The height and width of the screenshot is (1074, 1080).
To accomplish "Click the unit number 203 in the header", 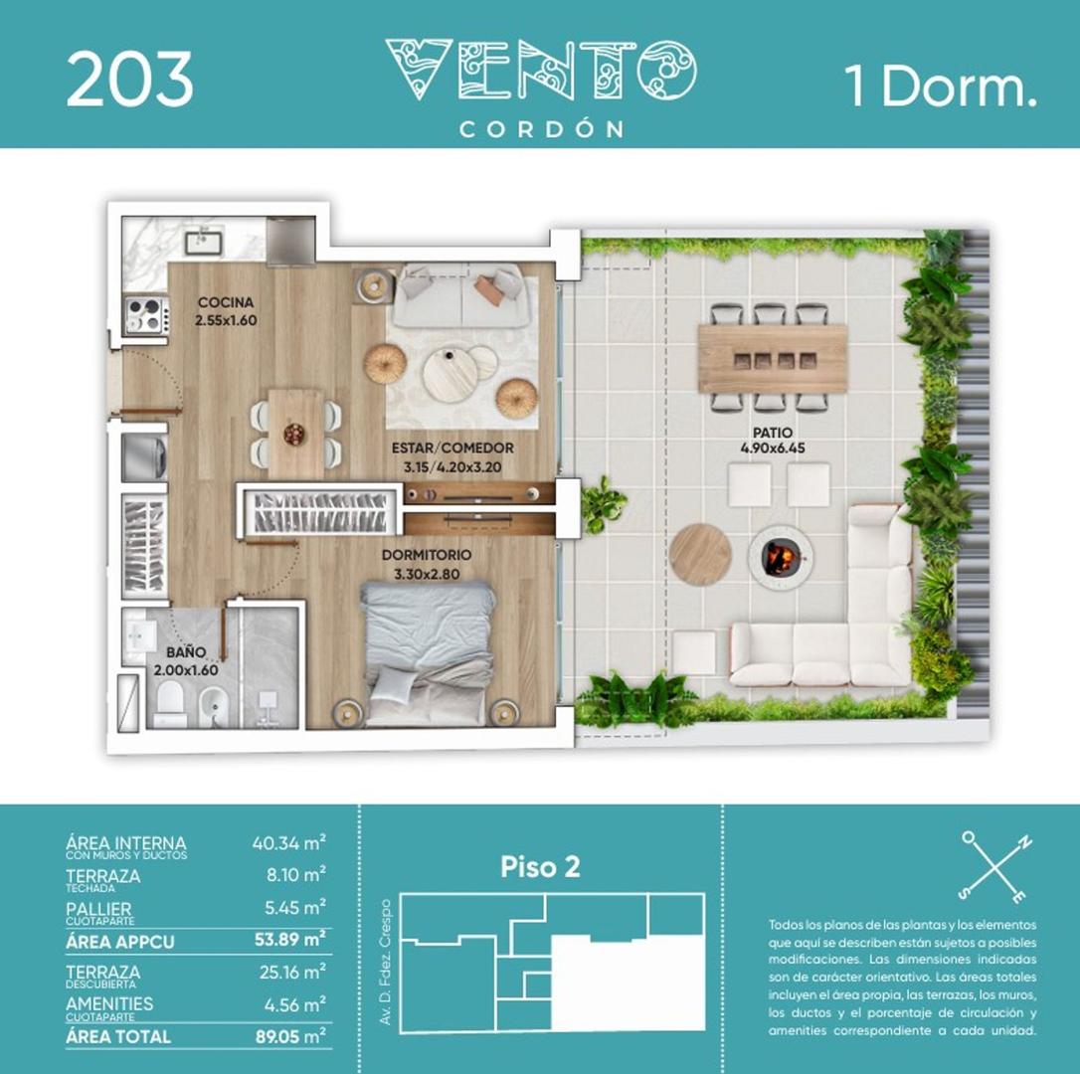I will point(129,81).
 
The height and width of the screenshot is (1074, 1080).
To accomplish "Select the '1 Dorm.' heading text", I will point(940,87).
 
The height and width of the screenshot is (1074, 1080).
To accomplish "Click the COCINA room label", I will point(226,302).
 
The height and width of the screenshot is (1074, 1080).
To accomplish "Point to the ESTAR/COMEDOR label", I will point(452,448).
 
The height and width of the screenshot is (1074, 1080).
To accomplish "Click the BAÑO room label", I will point(186,653).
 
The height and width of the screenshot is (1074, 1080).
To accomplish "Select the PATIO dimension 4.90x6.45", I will point(772,448).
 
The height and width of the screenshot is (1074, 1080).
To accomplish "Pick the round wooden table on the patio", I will point(700,554).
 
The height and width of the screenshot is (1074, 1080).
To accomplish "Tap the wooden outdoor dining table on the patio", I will point(772,358).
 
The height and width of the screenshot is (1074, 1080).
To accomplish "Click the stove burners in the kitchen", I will point(144,315).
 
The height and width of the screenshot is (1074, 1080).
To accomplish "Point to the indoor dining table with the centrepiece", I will point(295,432).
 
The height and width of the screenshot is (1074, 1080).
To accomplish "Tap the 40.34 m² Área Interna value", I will point(288,843).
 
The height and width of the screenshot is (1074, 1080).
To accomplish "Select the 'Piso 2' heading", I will point(540,867).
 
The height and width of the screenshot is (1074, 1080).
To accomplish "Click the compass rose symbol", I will point(995,864).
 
